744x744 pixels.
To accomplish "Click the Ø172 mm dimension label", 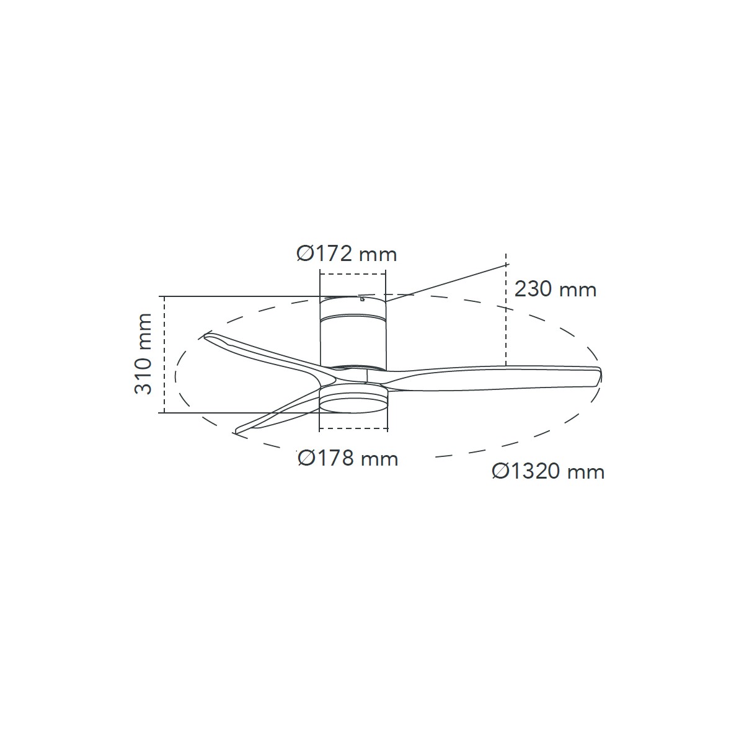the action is point(347,254).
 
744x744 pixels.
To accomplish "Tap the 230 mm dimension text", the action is point(555,289).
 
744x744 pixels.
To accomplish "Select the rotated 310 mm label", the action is point(143,353).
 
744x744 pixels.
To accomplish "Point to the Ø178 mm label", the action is point(348,459).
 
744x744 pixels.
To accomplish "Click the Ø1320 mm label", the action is point(548,471).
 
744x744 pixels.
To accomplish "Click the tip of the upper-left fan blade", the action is point(205,337).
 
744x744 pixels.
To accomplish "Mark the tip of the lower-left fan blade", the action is point(236,432).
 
